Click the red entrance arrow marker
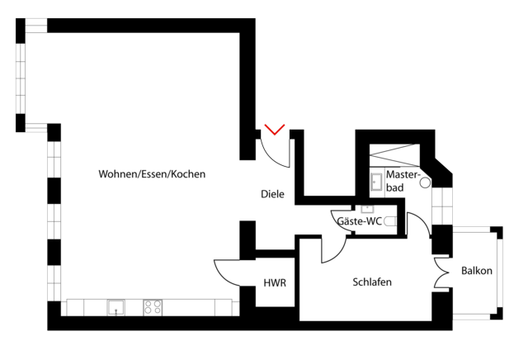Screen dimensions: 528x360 tap(275, 130)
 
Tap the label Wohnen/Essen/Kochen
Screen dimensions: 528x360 tap(152, 175)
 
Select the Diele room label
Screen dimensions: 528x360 tap(272, 195)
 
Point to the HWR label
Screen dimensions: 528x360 tap(275, 283)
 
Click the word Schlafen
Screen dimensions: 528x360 tap(372, 282)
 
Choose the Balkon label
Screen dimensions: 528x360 tap(477, 271)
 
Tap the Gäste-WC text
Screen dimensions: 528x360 tap(359, 221)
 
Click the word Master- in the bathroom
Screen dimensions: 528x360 tap(403, 176)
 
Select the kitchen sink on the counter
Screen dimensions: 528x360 tap(115, 306)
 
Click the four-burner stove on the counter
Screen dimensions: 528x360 tap(153, 306)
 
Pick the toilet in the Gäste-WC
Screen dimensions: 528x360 tap(391, 221)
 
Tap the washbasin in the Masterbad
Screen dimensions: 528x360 tap(376, 182)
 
